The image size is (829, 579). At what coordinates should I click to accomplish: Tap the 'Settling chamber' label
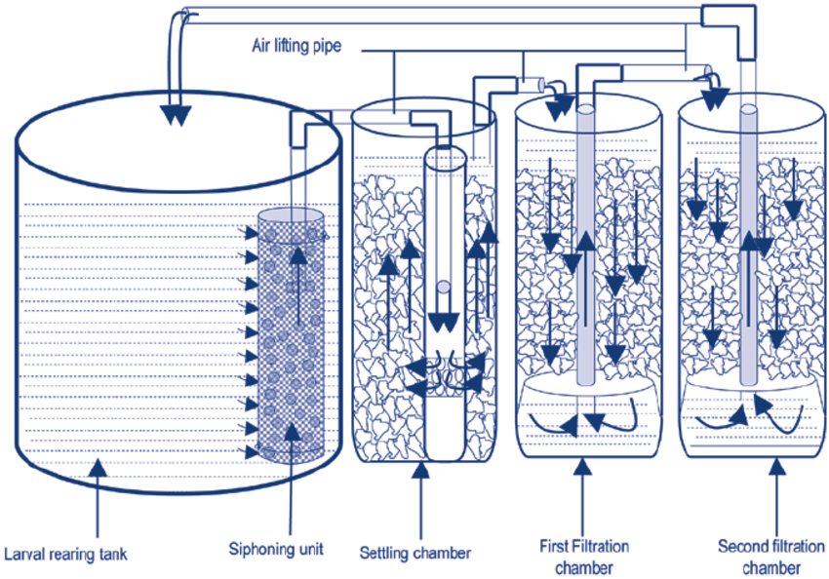(415, 553)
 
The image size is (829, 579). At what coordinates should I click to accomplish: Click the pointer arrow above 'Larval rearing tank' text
(96, 470)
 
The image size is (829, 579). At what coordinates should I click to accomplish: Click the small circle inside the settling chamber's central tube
(444, 287)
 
